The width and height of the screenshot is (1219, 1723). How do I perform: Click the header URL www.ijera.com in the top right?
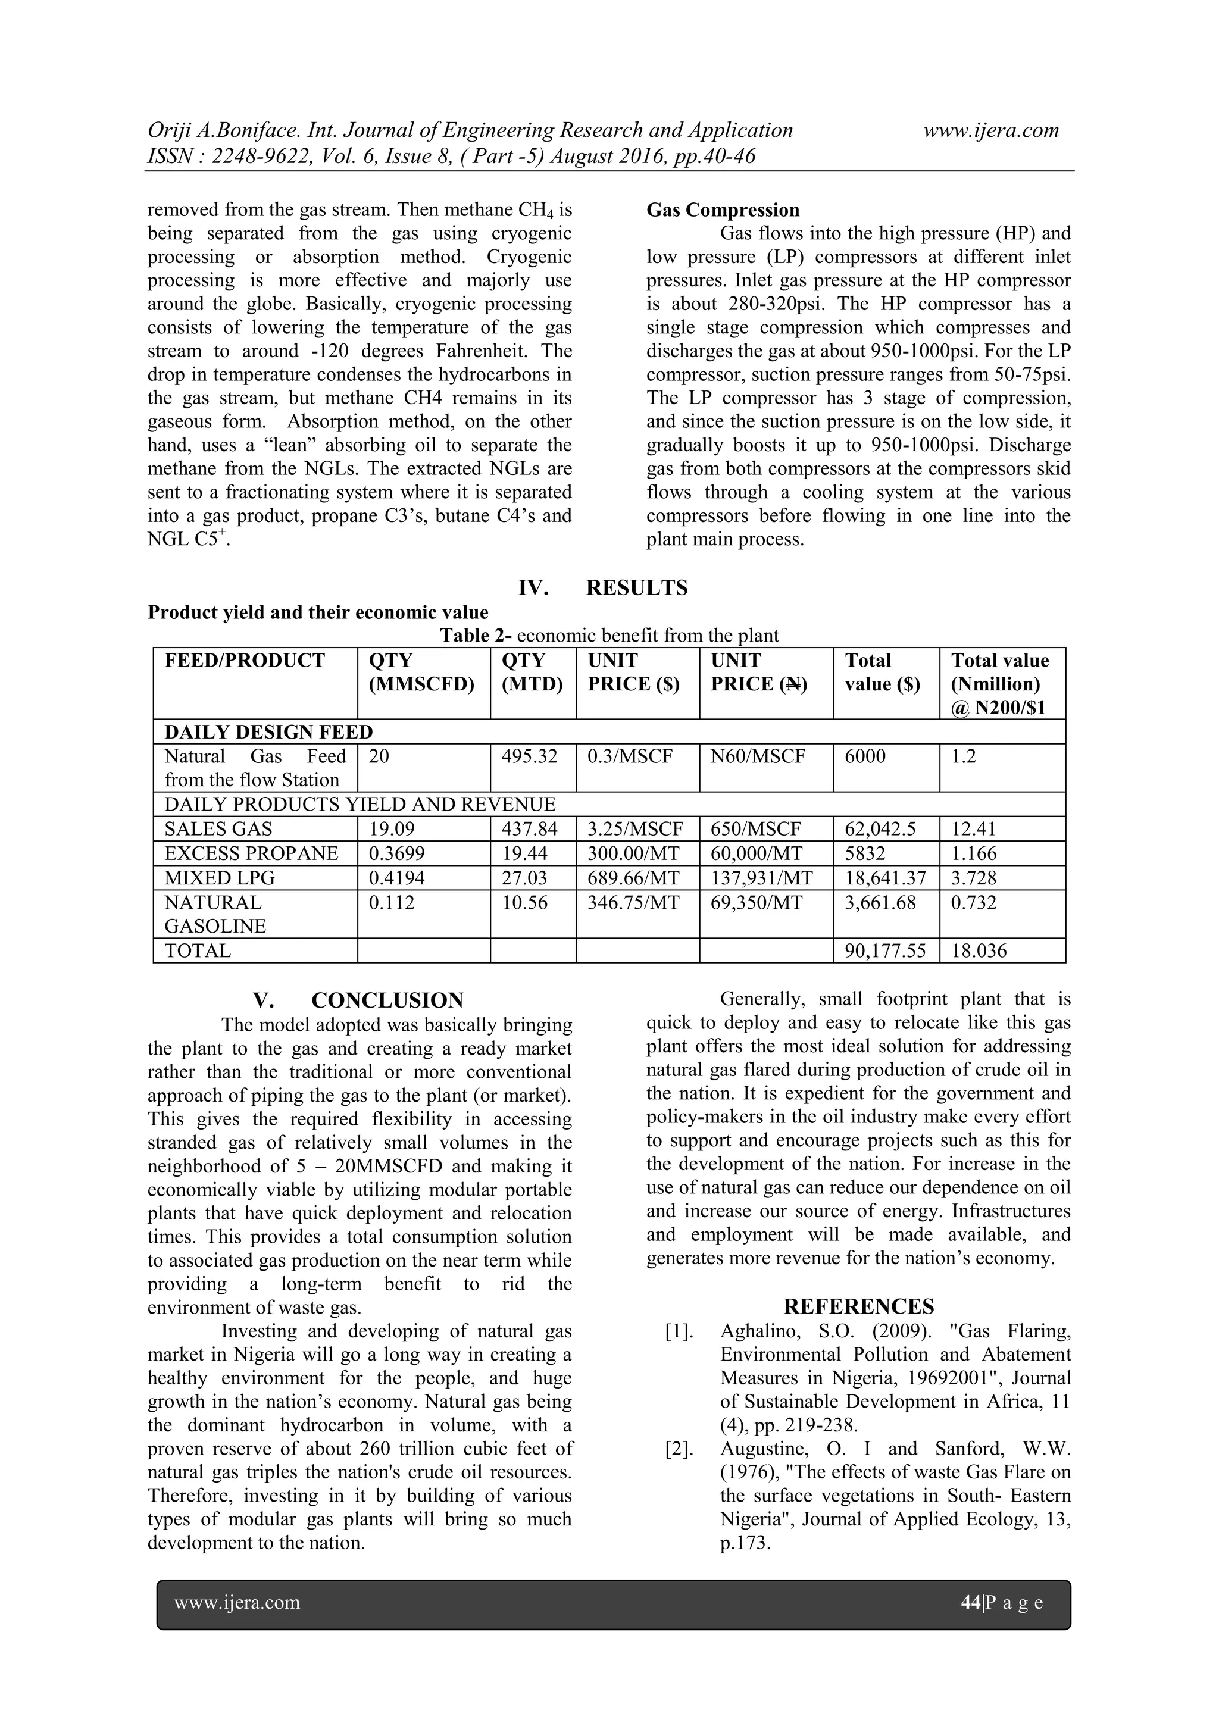click(x=991, y=130)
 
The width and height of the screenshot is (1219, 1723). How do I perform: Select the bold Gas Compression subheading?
click(x=723, y=210)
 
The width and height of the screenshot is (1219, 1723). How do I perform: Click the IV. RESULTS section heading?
click(x=603, y=587)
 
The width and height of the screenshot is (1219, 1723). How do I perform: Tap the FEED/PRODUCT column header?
click(x=245, y=661)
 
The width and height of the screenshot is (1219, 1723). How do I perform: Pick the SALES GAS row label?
click(x=218, y=828)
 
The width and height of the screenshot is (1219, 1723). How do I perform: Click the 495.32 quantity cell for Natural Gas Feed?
click(x=529, y=756)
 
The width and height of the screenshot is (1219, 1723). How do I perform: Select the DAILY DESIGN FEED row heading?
click(x=268, y=731)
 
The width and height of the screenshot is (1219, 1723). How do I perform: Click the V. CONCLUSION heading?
click(x=358, y=1000)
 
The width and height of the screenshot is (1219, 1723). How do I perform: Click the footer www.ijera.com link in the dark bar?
click(x=237, y=1603)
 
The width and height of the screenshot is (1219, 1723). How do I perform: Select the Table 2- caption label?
click(x=476, y=636)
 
